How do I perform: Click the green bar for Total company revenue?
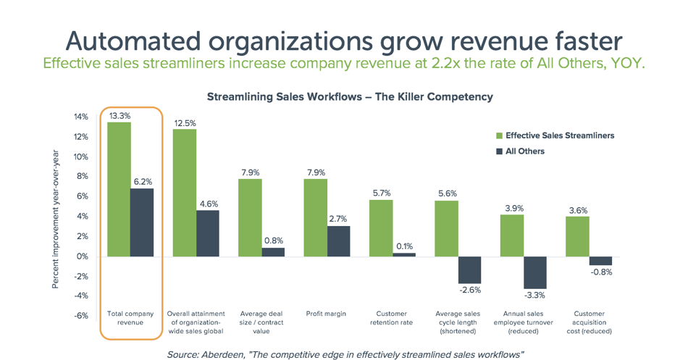119,189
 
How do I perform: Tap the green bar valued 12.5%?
185,193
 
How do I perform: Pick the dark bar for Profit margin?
338,241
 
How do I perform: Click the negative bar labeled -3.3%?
534,272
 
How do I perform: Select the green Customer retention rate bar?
381,228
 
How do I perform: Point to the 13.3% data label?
119,115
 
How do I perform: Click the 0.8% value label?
273,240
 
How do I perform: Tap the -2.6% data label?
470,290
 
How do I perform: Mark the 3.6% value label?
577,210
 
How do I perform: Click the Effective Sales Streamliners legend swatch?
499,135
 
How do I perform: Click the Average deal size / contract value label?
261,322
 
